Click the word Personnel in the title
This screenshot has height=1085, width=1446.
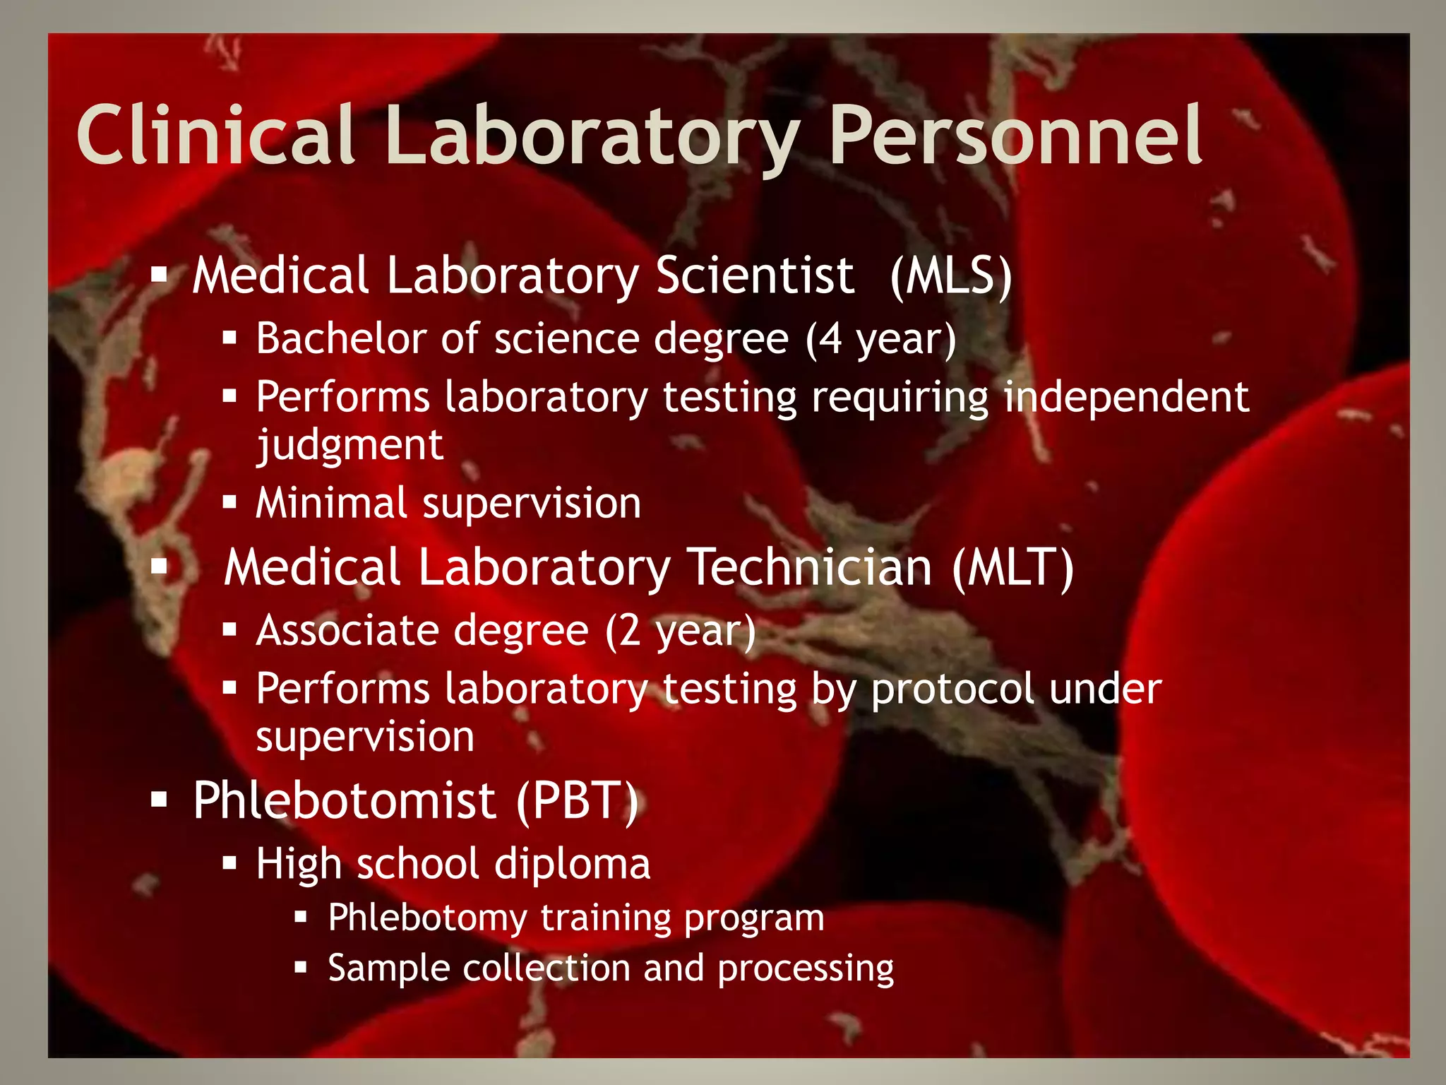pos(1015,136)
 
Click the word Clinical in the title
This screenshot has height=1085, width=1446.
pos(215,136)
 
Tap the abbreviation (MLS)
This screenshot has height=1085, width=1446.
pos(950,275)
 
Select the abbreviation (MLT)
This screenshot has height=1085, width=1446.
pos(1012,567)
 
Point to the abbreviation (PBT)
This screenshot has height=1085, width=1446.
pos(577,801)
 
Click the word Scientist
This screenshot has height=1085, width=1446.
pos(755,275)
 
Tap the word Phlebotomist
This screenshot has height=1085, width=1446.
pos(345,801)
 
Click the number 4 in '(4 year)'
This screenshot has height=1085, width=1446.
pos(831,339)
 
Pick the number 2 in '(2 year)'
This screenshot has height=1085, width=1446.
pos(631,631)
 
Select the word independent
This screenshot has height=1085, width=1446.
pos(1126,397)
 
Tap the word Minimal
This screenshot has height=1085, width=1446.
pos(331,504)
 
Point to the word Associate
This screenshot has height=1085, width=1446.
pos(422,631)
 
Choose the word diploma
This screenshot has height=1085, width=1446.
pos(572,864)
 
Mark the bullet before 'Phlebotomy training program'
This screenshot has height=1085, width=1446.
pos(301,917)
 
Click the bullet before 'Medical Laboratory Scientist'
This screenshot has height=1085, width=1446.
pos(160,274)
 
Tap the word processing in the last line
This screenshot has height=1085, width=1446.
pos(806,968)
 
